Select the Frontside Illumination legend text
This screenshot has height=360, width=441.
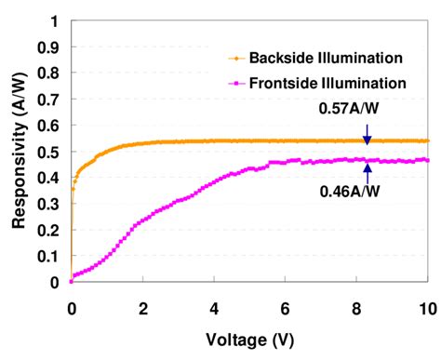click(334, 83)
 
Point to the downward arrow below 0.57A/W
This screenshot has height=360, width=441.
click(367, 133)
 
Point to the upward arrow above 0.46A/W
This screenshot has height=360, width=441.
click(367, 167)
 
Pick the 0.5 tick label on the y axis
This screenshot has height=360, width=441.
click(49, 152)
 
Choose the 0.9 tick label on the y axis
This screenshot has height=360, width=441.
click(49, 47)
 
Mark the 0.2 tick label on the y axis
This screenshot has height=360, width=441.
click(49, 230)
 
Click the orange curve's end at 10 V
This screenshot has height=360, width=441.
click(427, 140)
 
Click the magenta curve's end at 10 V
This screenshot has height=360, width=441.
click(427, 160)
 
